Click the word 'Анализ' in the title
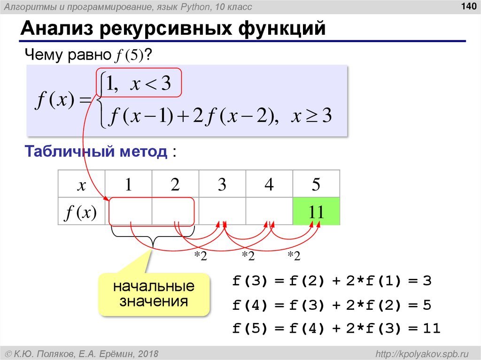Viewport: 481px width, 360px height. (56, 29)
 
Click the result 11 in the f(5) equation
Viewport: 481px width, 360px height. (431, 329)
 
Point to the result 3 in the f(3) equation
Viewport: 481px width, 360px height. (427, 282)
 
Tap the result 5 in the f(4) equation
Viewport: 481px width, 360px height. (427, 305)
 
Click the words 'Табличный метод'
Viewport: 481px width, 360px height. (96, 152)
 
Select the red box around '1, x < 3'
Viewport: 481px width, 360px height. (139, 84)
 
